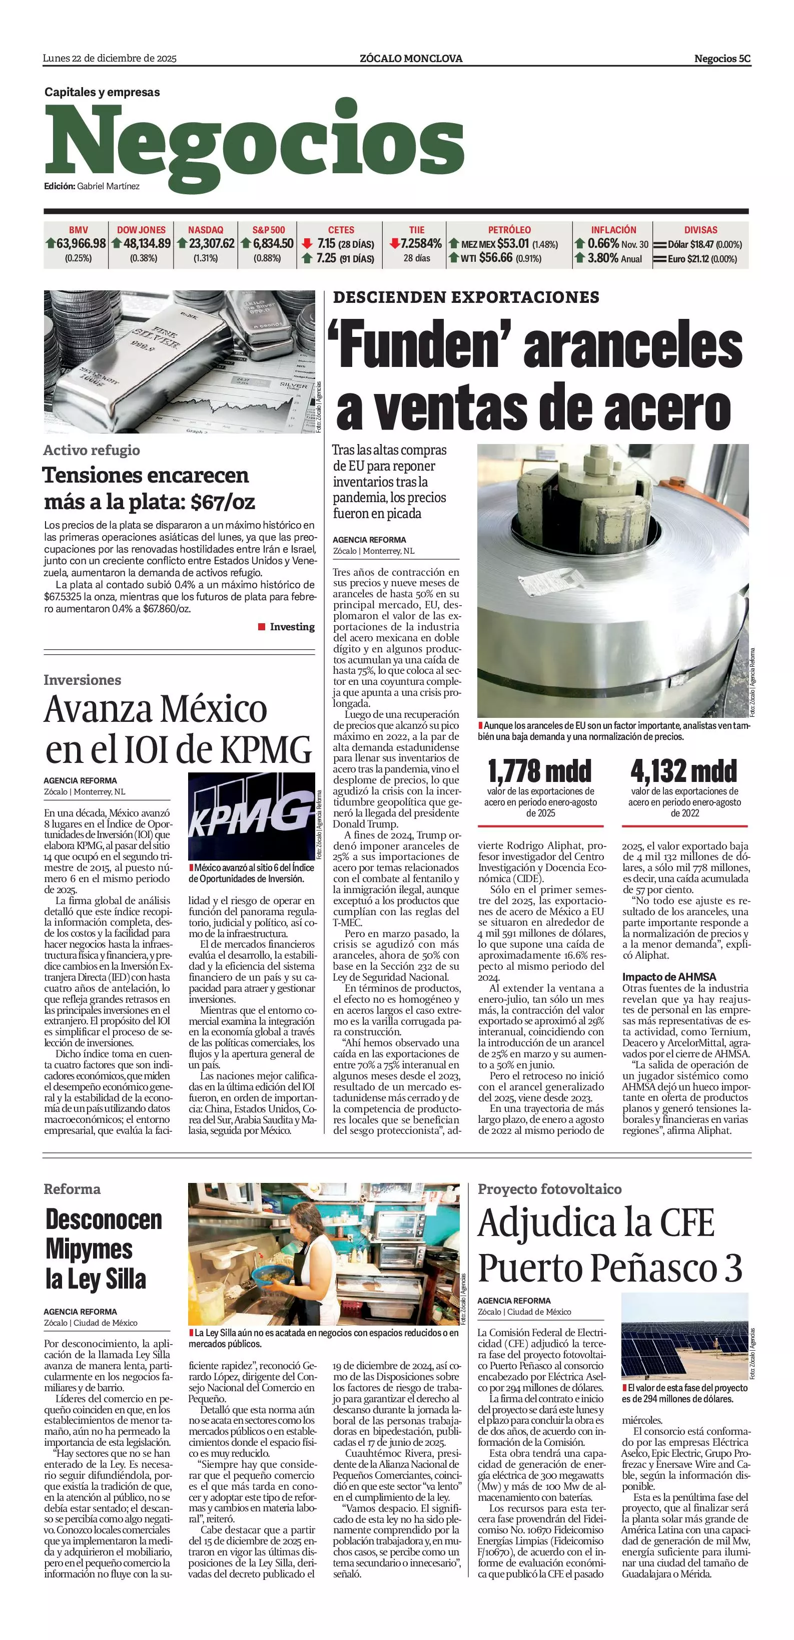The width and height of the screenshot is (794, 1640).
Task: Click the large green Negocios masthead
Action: click(255, 143)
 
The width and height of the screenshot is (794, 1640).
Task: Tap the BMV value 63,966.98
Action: click(81, 244)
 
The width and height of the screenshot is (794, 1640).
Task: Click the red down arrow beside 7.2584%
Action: click(394, 244)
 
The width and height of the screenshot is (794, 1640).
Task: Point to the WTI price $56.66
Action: click(496, 258)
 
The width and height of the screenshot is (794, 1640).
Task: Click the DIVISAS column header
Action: click(700, 230)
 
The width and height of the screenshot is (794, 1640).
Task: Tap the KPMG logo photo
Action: click(251, 815)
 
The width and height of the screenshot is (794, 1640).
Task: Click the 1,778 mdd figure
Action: click(539, 771)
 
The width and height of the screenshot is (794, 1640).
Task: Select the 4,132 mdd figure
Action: click(684, 771)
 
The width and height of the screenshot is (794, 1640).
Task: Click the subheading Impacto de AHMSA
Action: click(668, 977)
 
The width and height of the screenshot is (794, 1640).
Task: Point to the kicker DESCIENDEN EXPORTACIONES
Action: click(466, 297)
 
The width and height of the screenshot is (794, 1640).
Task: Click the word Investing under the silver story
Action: click(292, 627)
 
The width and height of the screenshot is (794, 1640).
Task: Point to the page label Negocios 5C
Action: click(722, 59)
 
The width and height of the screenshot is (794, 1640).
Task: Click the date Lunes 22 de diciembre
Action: click(110, 59)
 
